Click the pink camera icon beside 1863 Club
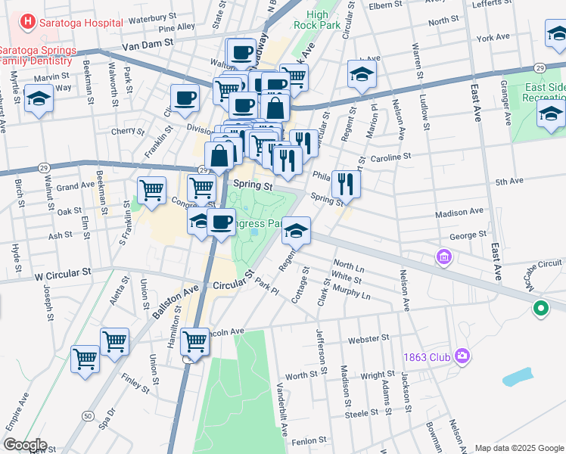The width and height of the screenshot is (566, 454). click(x=462, y=356)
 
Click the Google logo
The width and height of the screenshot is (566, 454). click(x=25, y=445)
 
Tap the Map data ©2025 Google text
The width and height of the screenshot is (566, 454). click(x=520, y=448)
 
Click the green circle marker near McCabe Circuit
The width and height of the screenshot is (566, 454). click(x=540, y=308)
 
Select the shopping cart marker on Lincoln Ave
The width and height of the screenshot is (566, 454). click(x=195, y=341)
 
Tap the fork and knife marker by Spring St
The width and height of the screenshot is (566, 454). click(x=346, y=182)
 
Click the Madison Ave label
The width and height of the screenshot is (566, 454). click(x=459, y=212)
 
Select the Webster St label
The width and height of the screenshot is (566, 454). click(x=369, y=337)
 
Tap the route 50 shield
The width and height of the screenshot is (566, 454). click(x=89, y=415)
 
